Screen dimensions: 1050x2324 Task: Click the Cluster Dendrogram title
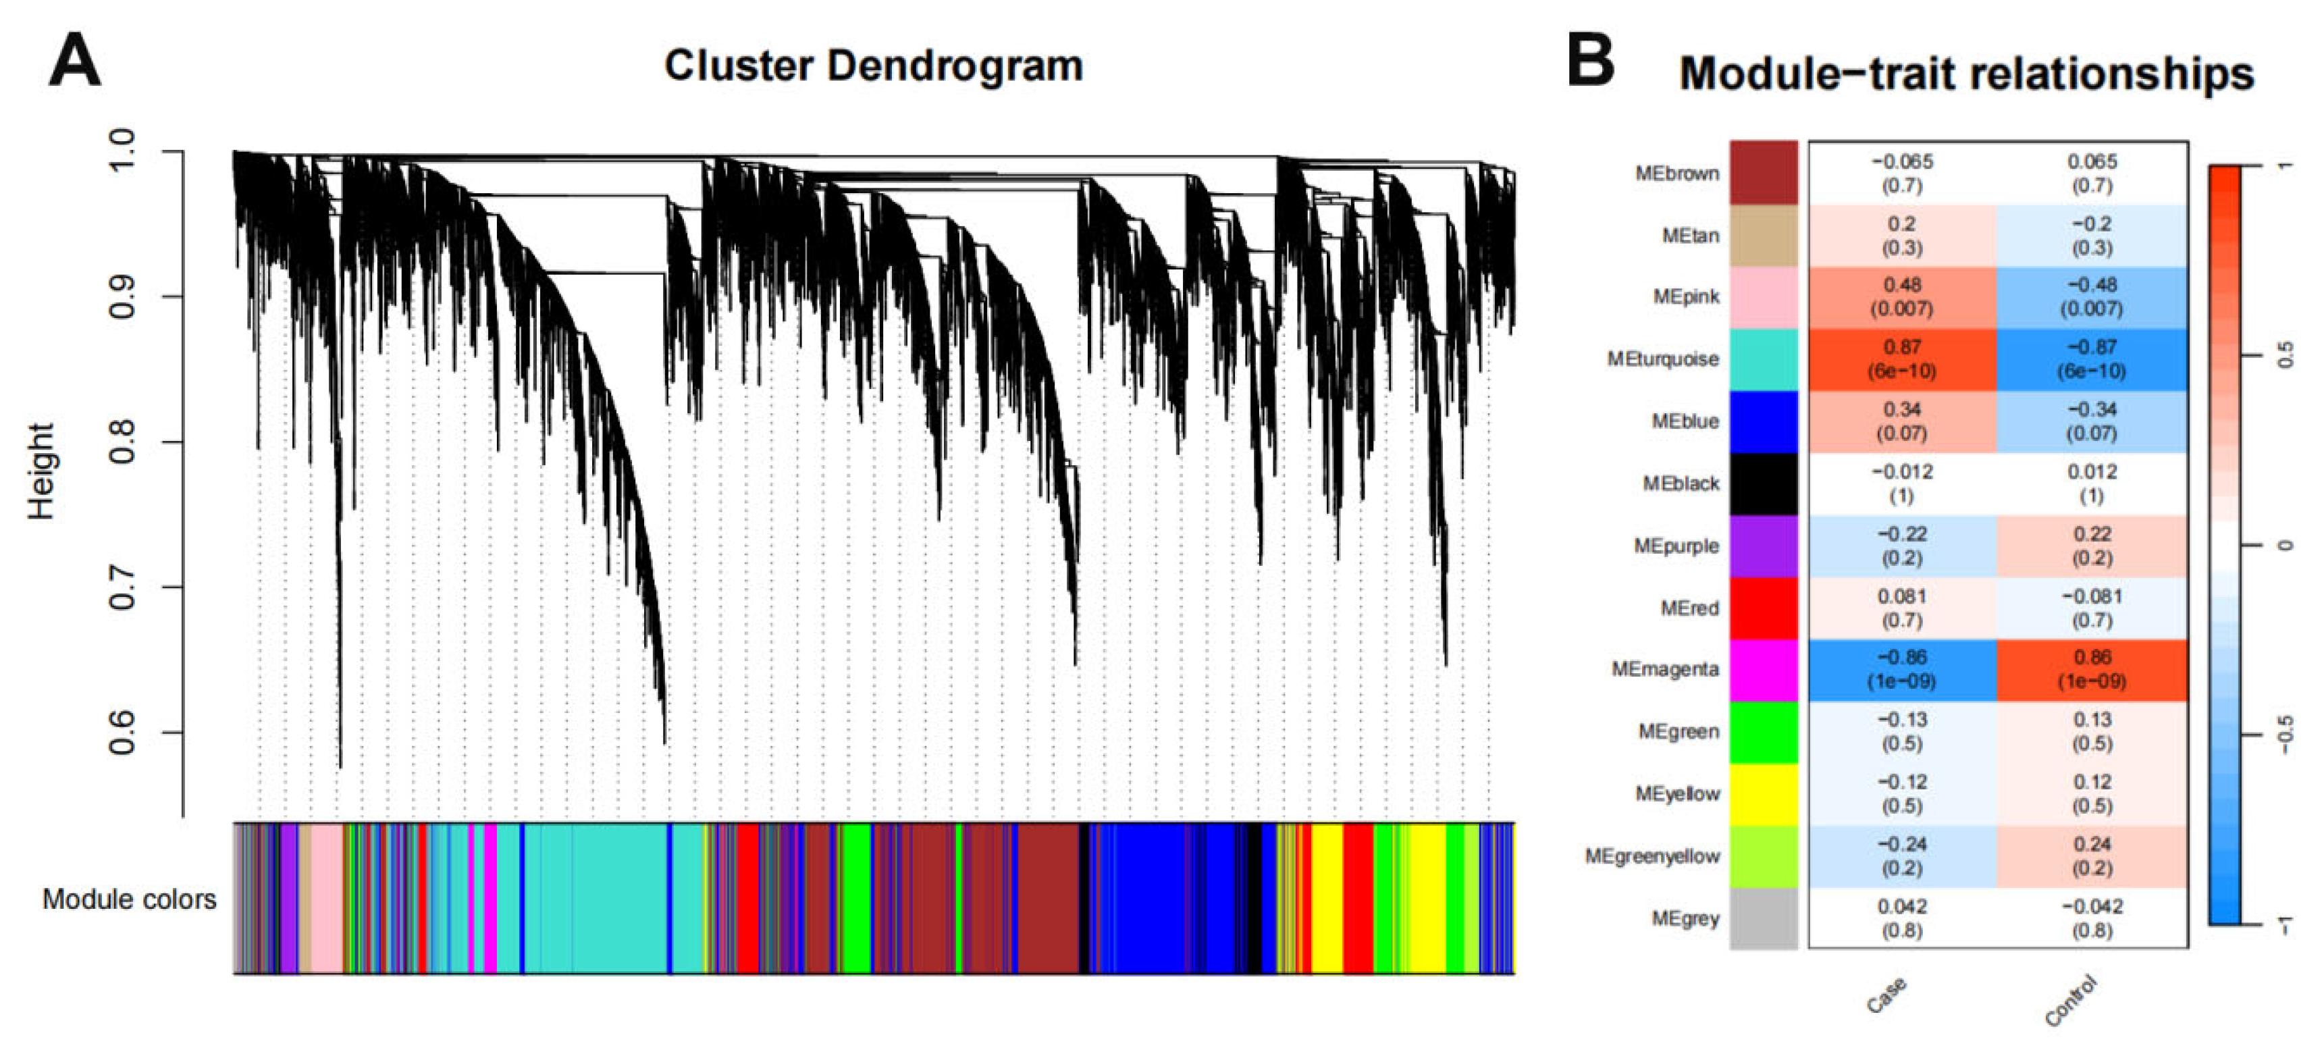873,66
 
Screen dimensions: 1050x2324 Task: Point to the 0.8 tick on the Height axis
122,442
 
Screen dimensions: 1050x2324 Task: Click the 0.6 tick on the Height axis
122,733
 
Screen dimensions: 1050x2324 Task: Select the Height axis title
41,471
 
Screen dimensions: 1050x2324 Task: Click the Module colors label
129,899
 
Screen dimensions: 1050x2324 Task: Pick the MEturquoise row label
1663,359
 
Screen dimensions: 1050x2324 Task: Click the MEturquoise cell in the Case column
1902,359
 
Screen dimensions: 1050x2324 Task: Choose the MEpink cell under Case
1902,297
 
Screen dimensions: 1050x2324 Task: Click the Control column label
2071,1001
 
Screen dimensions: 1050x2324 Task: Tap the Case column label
1886,996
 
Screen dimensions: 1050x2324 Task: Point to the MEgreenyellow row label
1652,856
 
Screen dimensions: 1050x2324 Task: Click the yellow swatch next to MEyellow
1763,795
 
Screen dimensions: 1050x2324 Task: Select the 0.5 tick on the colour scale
2284,355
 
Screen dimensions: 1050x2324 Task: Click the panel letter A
74,61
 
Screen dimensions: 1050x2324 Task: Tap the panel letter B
1591,61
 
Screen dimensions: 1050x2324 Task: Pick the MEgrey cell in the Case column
1902,918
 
